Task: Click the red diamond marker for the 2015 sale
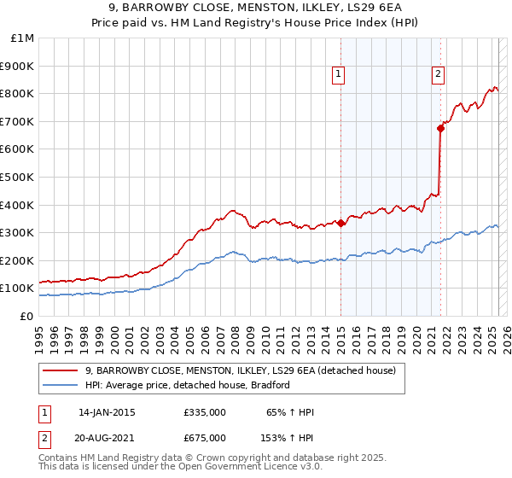[x=340, y=224]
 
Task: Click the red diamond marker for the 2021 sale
[x=440, y=128]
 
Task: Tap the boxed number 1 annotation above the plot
[x=339, y=75]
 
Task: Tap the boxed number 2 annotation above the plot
[x=438, y=75]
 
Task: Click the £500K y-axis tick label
[x=17, y=177]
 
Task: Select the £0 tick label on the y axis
[x=26, y=316]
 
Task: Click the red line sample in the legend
[x=60, y=371]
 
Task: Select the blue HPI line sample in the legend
[x=60, y=386]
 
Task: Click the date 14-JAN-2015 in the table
[x=107, y=412]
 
